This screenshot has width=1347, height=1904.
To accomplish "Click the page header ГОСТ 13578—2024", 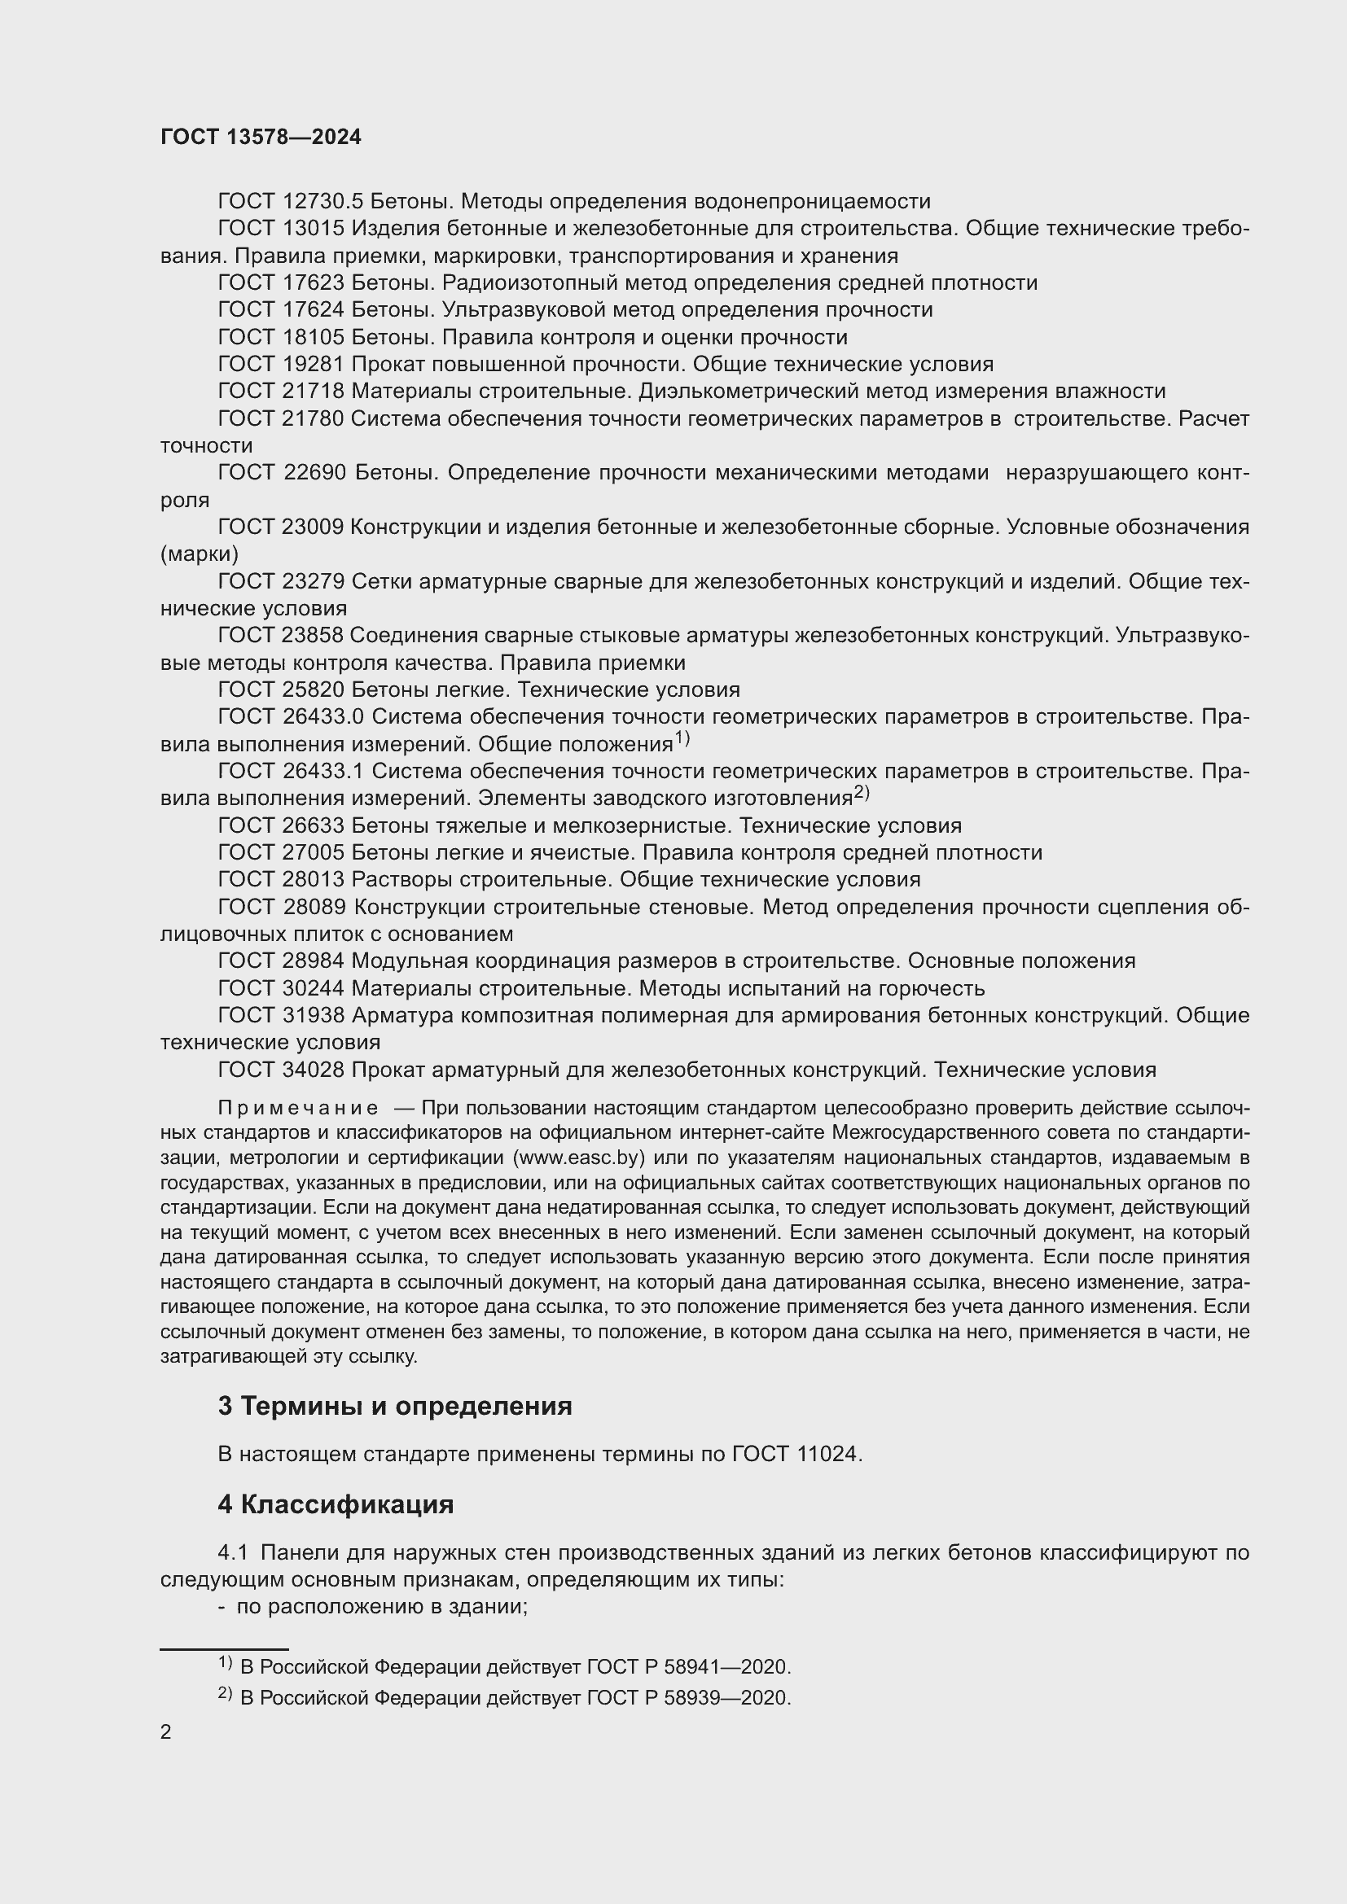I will pos(261,137).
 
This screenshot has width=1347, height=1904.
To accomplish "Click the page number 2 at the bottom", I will pos(166,1732).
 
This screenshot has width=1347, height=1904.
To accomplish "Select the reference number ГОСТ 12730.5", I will pos(289,202).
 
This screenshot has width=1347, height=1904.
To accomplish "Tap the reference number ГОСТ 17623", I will pos(280,282).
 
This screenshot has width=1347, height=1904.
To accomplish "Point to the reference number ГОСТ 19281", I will pos(280,364).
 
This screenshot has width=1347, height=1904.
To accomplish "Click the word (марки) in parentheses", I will pos(199,554).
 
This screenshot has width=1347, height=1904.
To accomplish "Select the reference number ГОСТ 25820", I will pos(280,690).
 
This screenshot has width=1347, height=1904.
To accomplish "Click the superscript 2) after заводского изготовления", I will pos(861,792).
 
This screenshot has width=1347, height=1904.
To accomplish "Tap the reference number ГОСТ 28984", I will pos(280,961).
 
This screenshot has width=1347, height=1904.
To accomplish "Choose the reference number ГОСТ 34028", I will pos(280,1070).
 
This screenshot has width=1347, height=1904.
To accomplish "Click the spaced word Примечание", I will pos(298,1109).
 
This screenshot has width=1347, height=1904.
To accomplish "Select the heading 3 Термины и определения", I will pos(395,1406).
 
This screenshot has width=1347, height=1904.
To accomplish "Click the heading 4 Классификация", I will pos(336,1504).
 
